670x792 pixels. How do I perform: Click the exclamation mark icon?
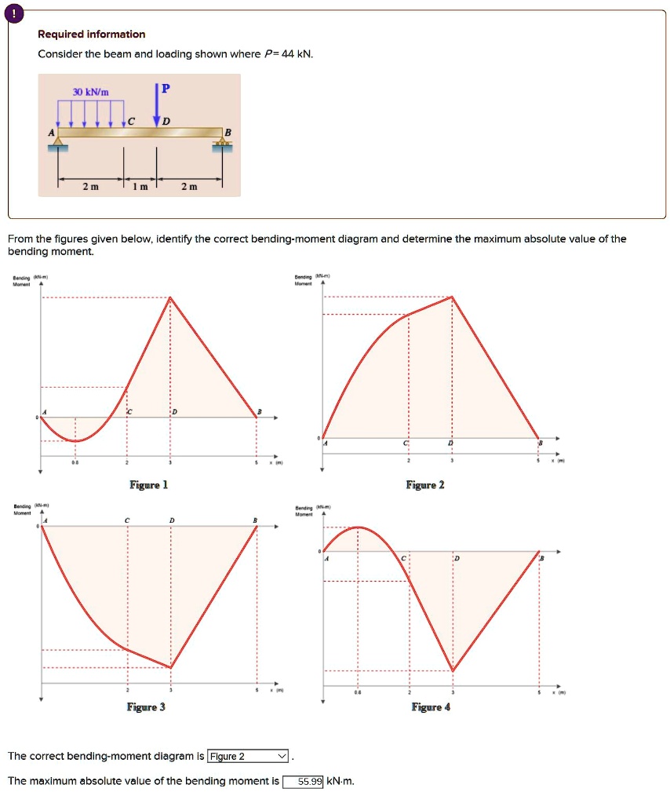[16, 13]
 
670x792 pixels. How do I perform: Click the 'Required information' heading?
[92, 34]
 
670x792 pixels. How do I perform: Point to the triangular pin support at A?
[56, 143]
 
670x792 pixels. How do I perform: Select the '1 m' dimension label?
[140, 186]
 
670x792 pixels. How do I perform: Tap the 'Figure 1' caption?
[148, 485]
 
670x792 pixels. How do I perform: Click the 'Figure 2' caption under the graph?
[425, 485]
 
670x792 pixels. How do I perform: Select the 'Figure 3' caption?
[146, 707]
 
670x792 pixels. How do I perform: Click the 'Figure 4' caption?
[431, 707]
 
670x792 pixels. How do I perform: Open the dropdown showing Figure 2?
[248, 757]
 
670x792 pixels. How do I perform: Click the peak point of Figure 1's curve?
[170, 297]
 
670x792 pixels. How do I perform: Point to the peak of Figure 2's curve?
[452, 297]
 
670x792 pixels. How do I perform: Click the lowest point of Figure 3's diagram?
[171, 667]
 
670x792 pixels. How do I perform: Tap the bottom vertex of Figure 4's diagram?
[453, 671]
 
